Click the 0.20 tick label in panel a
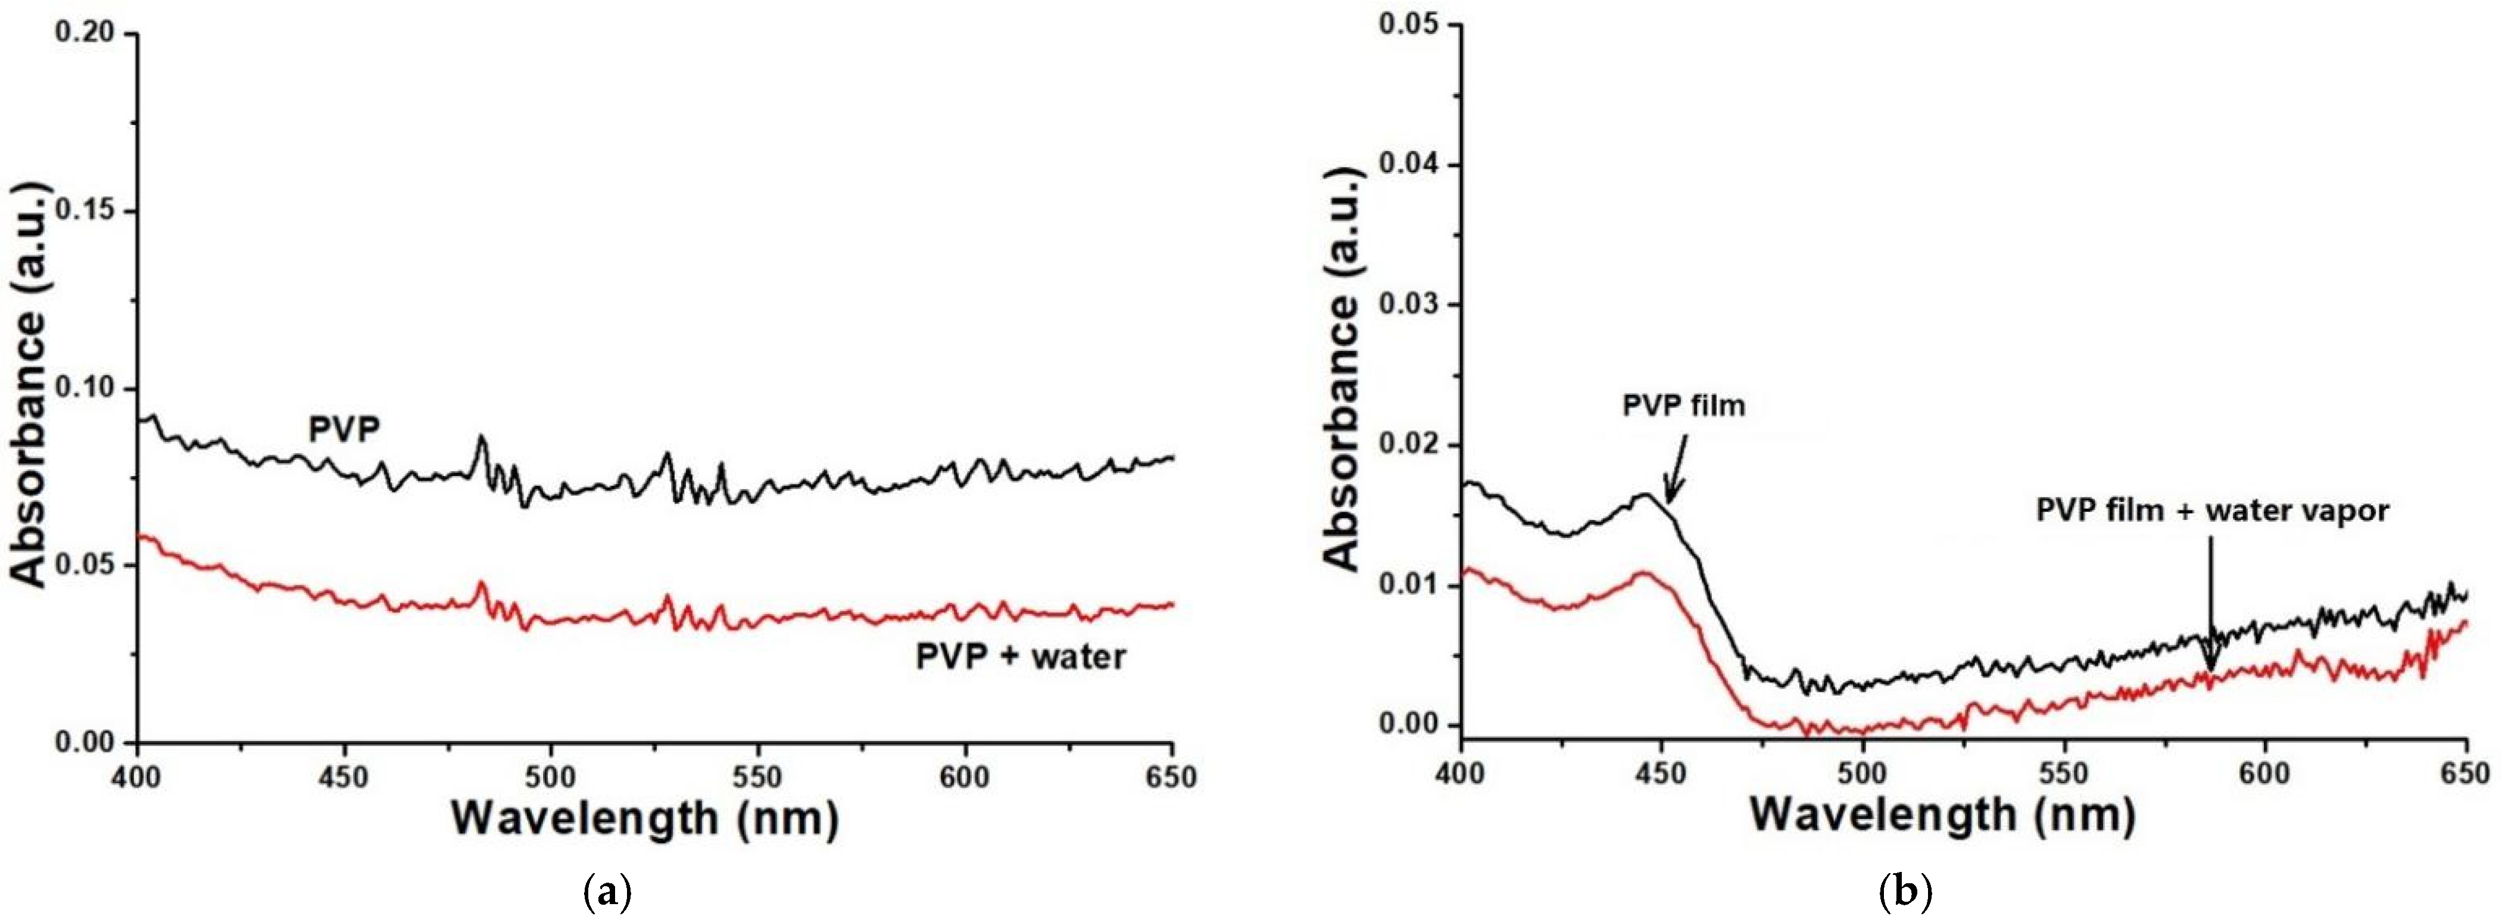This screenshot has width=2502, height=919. (86, 34)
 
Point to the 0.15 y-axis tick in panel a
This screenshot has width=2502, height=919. (86, 212)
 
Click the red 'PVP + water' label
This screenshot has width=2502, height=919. (1021, 657)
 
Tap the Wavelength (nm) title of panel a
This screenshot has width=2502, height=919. (644, 819)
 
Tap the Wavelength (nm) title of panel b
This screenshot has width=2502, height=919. (1942, 814)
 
